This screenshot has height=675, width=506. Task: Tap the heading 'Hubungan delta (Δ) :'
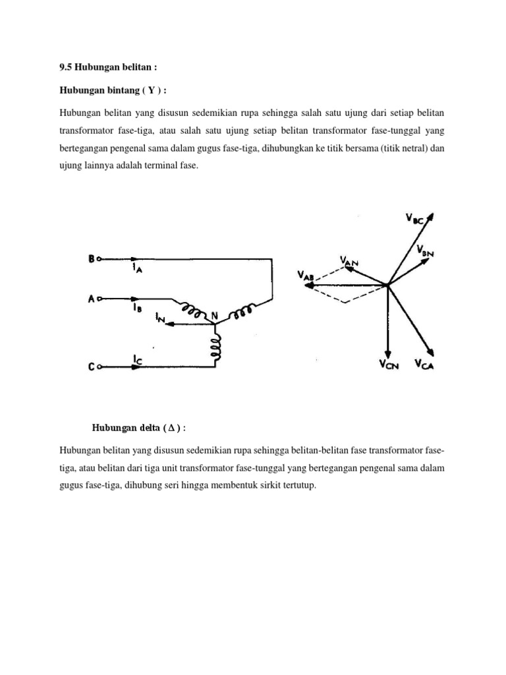[138, 428]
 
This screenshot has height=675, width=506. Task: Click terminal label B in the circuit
[92, 259]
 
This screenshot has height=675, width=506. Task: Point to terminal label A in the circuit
[92, 299]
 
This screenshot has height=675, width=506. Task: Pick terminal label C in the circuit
[92, 368]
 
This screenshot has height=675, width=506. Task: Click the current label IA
[136, 268]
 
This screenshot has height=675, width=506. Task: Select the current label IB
[136, 307]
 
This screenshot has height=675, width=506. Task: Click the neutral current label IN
[160, 320]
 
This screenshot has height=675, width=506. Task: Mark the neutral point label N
[213, 316]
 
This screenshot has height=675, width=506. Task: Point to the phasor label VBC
[414, 220]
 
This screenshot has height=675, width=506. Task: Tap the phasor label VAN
[349, 262]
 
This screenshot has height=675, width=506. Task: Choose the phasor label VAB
[307, 276]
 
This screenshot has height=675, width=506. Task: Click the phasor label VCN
[388, 363]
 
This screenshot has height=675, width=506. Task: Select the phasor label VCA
[425, 363]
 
